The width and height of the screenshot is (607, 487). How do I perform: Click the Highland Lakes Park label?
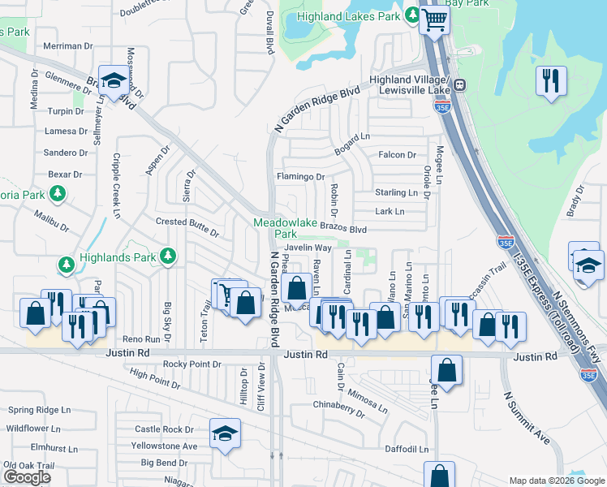point(349,16)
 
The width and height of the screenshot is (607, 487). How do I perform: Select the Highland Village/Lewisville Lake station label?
point(409,84)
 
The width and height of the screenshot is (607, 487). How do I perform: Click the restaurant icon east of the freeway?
point(551,80)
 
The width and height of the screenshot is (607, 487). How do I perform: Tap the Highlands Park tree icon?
point(167,256)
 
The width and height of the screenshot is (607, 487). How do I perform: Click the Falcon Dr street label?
point(397,154)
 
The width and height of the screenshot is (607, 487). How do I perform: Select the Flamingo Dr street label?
point(300,176)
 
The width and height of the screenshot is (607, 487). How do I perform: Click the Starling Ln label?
point(395,192)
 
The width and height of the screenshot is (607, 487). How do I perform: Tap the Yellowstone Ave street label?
point(166,446)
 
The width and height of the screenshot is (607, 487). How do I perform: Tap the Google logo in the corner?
point(27,477)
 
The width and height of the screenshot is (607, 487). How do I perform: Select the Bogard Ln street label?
point(352,135)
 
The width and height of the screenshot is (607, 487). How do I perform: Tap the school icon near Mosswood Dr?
point(113,80)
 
